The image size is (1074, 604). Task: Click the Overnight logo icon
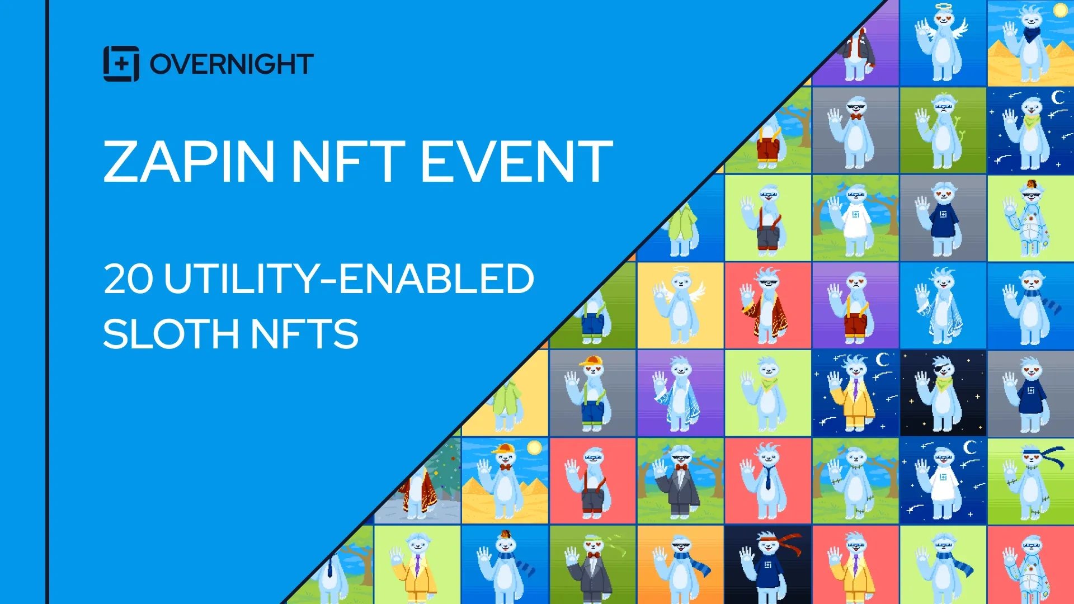point(121,64)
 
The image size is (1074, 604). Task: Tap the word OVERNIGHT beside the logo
point(232,64)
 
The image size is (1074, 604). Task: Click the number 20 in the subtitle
point(128,279)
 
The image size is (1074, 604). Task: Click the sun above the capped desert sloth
point(534,447)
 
